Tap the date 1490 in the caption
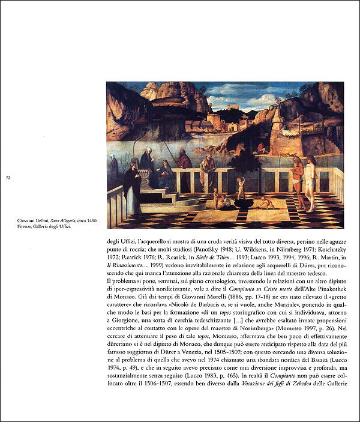coord(92,223)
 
